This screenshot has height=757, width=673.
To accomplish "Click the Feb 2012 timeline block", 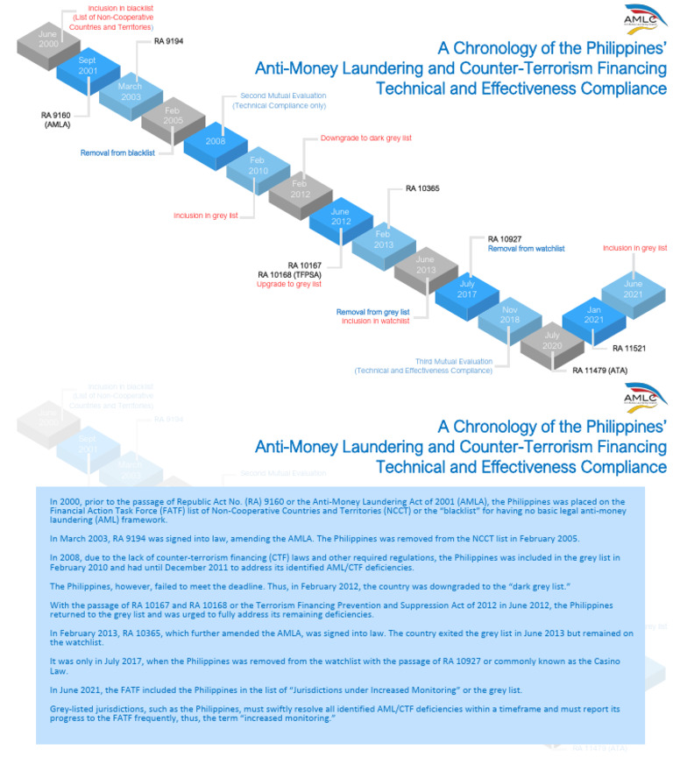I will click(x=299, y=189).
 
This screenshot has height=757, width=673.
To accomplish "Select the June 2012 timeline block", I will click(x=341, y=216).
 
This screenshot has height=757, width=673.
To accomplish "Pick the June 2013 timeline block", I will click(x=425, y=265).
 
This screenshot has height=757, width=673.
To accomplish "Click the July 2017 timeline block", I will click(x=467, y=290).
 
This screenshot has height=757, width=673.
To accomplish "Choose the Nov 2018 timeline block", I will click(x=509, y=315).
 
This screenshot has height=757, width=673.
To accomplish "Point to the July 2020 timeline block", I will click(x=551, y=341).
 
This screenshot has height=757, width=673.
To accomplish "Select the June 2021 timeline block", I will click(x=634, y=290).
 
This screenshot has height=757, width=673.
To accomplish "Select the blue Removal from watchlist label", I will click(x=526, y=249).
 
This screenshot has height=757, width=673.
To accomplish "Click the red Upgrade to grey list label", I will click(x=289, y=284).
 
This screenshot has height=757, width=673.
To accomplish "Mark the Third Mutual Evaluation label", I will click(x=455, y=360).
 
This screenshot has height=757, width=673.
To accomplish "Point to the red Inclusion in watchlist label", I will click(x=376, y=321).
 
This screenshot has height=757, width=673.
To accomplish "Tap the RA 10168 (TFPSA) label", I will click(x=289, y=274).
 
